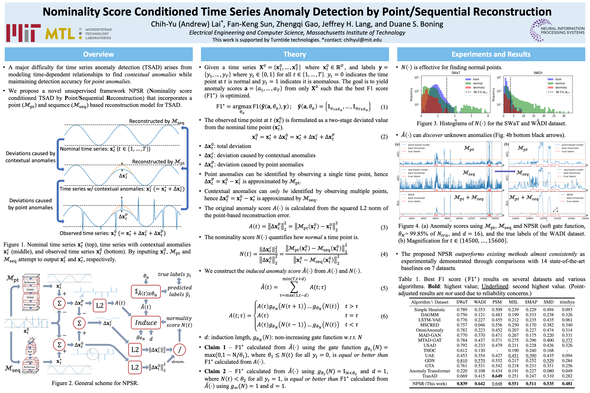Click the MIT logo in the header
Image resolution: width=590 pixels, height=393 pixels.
[x=23, y=33]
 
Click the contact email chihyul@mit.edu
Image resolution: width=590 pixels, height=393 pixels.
[x=362, y=40]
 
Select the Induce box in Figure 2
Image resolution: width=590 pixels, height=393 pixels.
[x=146, y=323]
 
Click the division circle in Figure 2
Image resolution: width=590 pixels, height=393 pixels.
[x=180, y=350]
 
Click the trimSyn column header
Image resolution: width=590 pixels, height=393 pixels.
[x=567, y=302]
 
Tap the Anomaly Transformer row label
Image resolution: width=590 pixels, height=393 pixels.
[x=430, y=371]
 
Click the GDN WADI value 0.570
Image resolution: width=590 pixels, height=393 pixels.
[x=480, y=361]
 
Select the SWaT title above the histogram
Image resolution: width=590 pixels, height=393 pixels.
[x=456, y=73]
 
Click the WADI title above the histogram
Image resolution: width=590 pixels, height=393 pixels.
[x=538, y=73]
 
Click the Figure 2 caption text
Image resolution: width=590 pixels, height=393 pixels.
[x=95, y=383]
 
